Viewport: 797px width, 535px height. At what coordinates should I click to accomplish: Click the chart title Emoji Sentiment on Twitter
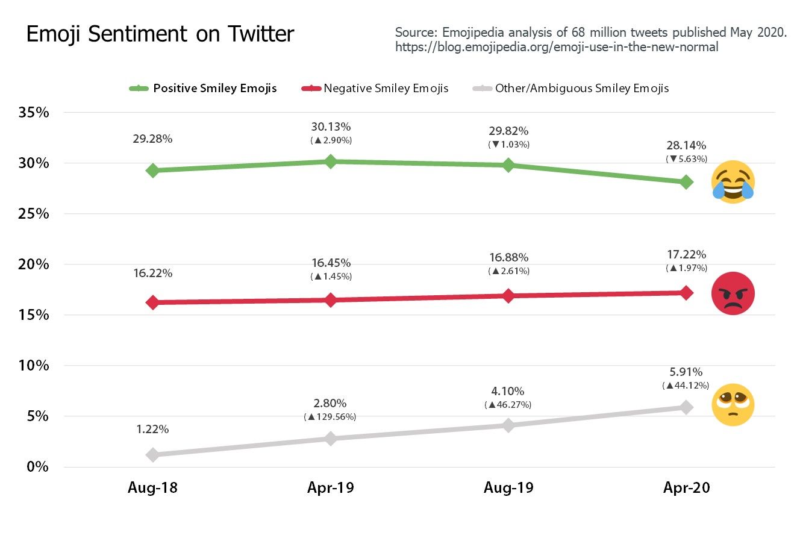pyautogui.click(x=160, y=34)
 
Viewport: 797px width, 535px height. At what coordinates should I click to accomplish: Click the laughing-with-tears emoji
pyautogui.click(x=733, y=183)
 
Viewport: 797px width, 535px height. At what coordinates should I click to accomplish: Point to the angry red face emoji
pyautogui.click(x=733, y=293)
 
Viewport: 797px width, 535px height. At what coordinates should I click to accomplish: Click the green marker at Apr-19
pyautogui.click(x=330, y=161)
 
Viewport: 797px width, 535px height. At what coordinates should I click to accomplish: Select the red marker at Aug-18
pyautogui.click(x=152, y=302)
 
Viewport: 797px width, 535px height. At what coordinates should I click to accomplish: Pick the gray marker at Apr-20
pyautogui.click(x=686, y=407)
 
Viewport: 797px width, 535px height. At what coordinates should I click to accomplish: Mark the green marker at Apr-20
pyautogui.click(x=686, y=182)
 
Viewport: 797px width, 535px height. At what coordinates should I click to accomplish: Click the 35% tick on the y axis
pyautogui.click(x=34, y=113)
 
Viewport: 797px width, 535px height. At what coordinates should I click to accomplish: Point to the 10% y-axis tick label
pyautogui.click(x=34, y=366)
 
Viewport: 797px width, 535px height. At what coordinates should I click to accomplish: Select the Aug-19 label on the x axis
pyautogui.click(x=508, y=488)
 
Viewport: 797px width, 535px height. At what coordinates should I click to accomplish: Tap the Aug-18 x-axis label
pyautogui.click(x=152, y=488)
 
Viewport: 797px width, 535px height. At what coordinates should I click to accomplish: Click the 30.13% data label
pyautogui.click(x=331, y=127)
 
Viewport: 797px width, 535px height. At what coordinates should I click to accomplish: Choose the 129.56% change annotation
pyautogui.click(x=331, y=417)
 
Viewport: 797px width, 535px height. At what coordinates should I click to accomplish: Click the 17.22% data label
pyautogui.click(x=686, y=255)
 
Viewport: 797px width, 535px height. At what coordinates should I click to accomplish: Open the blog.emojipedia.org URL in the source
pyautogui.click(x=557, y=47)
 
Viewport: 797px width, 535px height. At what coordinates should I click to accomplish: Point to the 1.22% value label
pyautogui.click(x=152, y=430)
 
